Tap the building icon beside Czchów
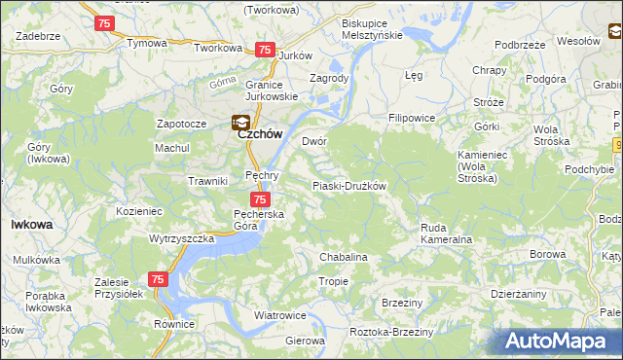[x=238, y=123]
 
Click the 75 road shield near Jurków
[x=264, y=50]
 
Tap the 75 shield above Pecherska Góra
[x=247, y=198]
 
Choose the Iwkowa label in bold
[x=31, y=224]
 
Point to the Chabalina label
[x=344, y=257]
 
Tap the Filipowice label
[x=411, y=118]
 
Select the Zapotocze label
[x=181, y=125]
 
